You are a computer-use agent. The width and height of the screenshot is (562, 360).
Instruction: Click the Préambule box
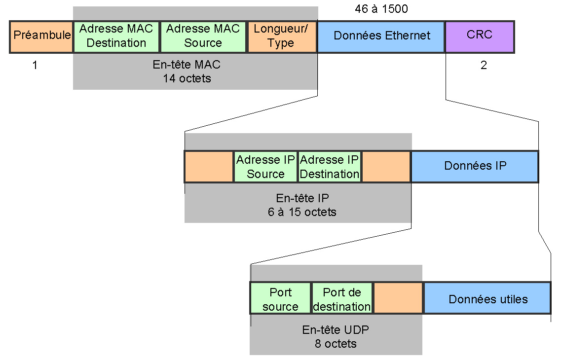[41, 37]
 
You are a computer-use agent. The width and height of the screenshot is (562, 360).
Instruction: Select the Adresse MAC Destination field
[116, 37]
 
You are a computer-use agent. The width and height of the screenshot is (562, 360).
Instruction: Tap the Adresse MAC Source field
[203, 37]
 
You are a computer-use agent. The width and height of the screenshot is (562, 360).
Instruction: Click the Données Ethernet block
[381, 37]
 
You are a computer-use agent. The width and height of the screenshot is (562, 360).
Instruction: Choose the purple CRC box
[480, 37]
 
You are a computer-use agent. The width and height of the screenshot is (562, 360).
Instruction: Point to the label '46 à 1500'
[381, 8]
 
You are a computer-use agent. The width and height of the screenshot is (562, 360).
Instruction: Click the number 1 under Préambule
[35, 65]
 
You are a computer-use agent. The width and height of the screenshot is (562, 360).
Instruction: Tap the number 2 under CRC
[484, 65]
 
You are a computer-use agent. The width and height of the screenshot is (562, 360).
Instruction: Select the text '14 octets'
[187, 78]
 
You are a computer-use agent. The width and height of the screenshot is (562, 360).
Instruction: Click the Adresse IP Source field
[265, 167]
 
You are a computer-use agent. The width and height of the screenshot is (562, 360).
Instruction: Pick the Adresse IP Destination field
[330, 167]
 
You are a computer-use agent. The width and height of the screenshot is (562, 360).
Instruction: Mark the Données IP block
[475, 167]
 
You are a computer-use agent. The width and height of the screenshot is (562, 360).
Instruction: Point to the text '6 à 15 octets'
[302, 212]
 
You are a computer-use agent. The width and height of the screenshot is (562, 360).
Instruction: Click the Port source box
[280, 298]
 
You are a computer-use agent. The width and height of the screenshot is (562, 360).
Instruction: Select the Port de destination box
[342, 298]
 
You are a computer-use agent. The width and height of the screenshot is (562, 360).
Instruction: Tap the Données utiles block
[487, 298]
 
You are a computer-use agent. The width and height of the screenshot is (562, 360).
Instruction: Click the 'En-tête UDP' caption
[336, 329]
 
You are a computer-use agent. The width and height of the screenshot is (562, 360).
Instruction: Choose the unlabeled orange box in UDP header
[398, 298]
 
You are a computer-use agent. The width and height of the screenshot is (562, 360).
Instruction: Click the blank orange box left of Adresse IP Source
[209, 167]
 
